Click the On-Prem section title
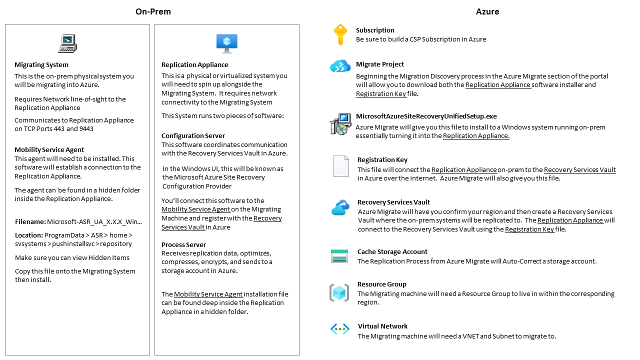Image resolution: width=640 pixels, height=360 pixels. click(x=153, y=11)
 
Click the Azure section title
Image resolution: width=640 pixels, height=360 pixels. click(x=487, y=11)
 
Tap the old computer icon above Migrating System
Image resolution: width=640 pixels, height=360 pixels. click(x=67, y=43)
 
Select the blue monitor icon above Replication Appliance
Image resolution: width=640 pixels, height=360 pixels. click(x=226, y=43)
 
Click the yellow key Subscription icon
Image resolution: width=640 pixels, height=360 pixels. click(x=340, y=34)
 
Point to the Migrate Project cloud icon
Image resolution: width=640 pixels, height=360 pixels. click(x=340, y=66)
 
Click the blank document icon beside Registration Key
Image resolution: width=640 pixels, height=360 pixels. click(x=340, y=166)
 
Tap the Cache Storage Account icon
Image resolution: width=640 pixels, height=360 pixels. click(x=339, y=256)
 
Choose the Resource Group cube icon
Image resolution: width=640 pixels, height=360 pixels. click(x=339, y=293)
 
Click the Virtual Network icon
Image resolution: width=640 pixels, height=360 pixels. click(x=340, y=329)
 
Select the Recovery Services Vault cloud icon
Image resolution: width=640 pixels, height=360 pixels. click(x=340, y=207)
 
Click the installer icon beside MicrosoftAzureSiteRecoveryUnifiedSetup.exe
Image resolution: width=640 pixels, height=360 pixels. click(x=340, y=123)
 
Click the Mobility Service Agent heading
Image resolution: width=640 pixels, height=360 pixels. click(x=49, y=149)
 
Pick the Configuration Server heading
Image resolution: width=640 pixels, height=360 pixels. click(x=193, y=135)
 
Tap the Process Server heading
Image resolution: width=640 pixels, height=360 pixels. click(x=183, y=244)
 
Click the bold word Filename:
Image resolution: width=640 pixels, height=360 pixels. click(x=30, y=221)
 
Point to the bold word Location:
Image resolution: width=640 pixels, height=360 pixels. click(x=28, y=235)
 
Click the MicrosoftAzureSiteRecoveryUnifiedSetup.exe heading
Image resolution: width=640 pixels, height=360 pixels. click(x=426, y=116)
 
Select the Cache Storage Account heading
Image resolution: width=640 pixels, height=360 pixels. click(x=392, y=251)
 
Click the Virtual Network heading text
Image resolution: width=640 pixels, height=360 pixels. click(x=382, y=326)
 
